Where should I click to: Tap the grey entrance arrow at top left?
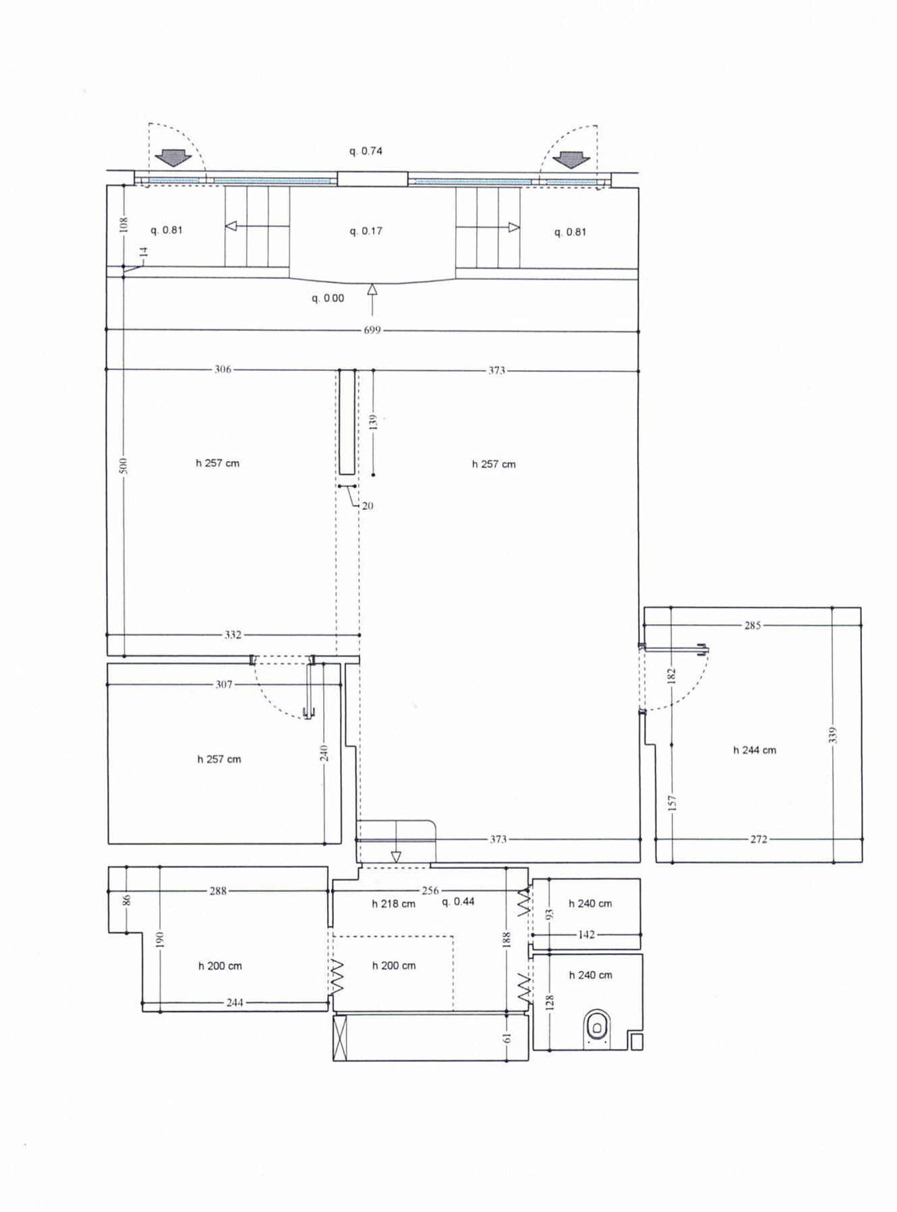pos(173,158)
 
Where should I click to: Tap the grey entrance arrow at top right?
pos(571,160)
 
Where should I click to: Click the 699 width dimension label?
pos(372,330)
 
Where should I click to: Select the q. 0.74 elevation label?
pos(366,151)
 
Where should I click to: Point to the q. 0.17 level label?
pos(366,231)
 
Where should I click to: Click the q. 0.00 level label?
pos(328,298)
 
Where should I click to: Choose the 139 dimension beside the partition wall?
pos(374,422)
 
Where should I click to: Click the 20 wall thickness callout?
pos(368,506)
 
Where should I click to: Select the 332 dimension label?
pos(233,635)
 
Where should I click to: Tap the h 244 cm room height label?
pos(755,750)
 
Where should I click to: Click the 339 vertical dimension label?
pos(833,735)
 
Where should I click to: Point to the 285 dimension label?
pos(753,626)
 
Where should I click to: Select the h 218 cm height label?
pos(394,904)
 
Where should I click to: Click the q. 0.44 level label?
pos(459,902)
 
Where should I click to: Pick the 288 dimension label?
pos(218,891)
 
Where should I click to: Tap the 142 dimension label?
pos(586,935)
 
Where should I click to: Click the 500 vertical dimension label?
pos(123,465)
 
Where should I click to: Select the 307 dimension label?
pos(224,685)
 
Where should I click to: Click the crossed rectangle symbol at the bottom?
pos(340,1038)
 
